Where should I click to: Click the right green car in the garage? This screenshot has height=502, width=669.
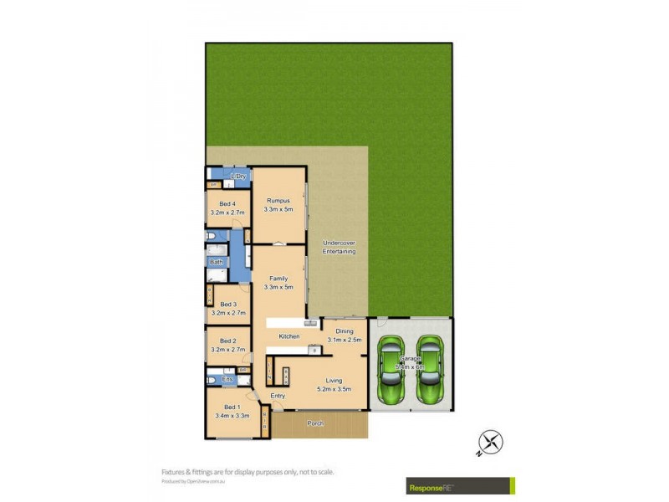click(x=430, y=369)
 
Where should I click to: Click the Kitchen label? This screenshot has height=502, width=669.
click(x=289, y=336)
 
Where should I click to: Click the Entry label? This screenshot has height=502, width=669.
click(x=278, y=396)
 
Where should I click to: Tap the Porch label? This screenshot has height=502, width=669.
click(x=315, y=423)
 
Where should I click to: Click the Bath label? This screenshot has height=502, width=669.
click(x=217, y=263)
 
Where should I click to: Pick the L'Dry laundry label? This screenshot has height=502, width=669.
click(x=238, y=177)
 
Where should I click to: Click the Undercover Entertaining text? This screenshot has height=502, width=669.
click(x=339, y=248)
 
